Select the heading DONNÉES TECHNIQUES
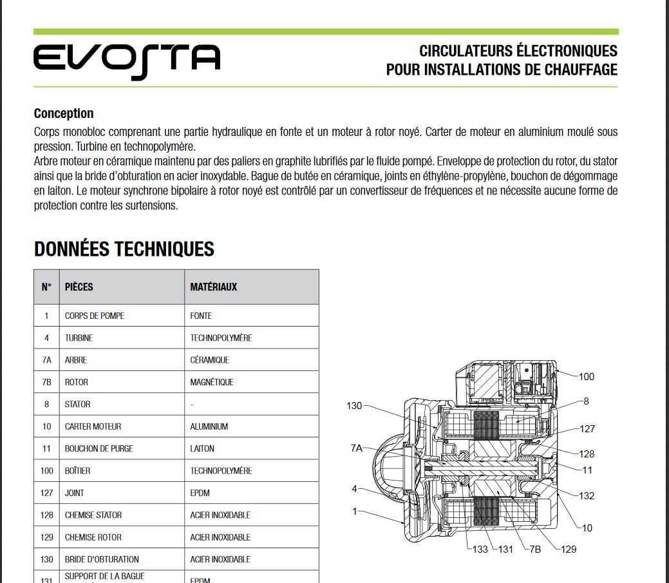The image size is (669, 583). (124, 249)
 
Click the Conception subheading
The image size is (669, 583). (64, 113)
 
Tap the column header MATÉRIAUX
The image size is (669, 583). (214, 287)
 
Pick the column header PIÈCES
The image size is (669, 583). (79, 287)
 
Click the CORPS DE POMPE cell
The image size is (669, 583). (95, 316)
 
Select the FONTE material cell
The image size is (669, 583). (201, 316)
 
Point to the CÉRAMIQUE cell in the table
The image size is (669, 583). (210, 360)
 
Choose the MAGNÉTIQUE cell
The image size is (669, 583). (212, 382)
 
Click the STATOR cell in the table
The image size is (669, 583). (78, 405)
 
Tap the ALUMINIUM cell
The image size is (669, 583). (209, 426)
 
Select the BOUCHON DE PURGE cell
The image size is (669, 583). (99, 448)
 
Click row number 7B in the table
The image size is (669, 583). (46, 382)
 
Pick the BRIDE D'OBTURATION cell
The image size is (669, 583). (102, 559)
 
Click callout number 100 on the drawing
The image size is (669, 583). (587, 377)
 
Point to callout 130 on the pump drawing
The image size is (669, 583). (354, 406)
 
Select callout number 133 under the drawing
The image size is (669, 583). (480, 550)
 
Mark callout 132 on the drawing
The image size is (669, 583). (587, 496)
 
